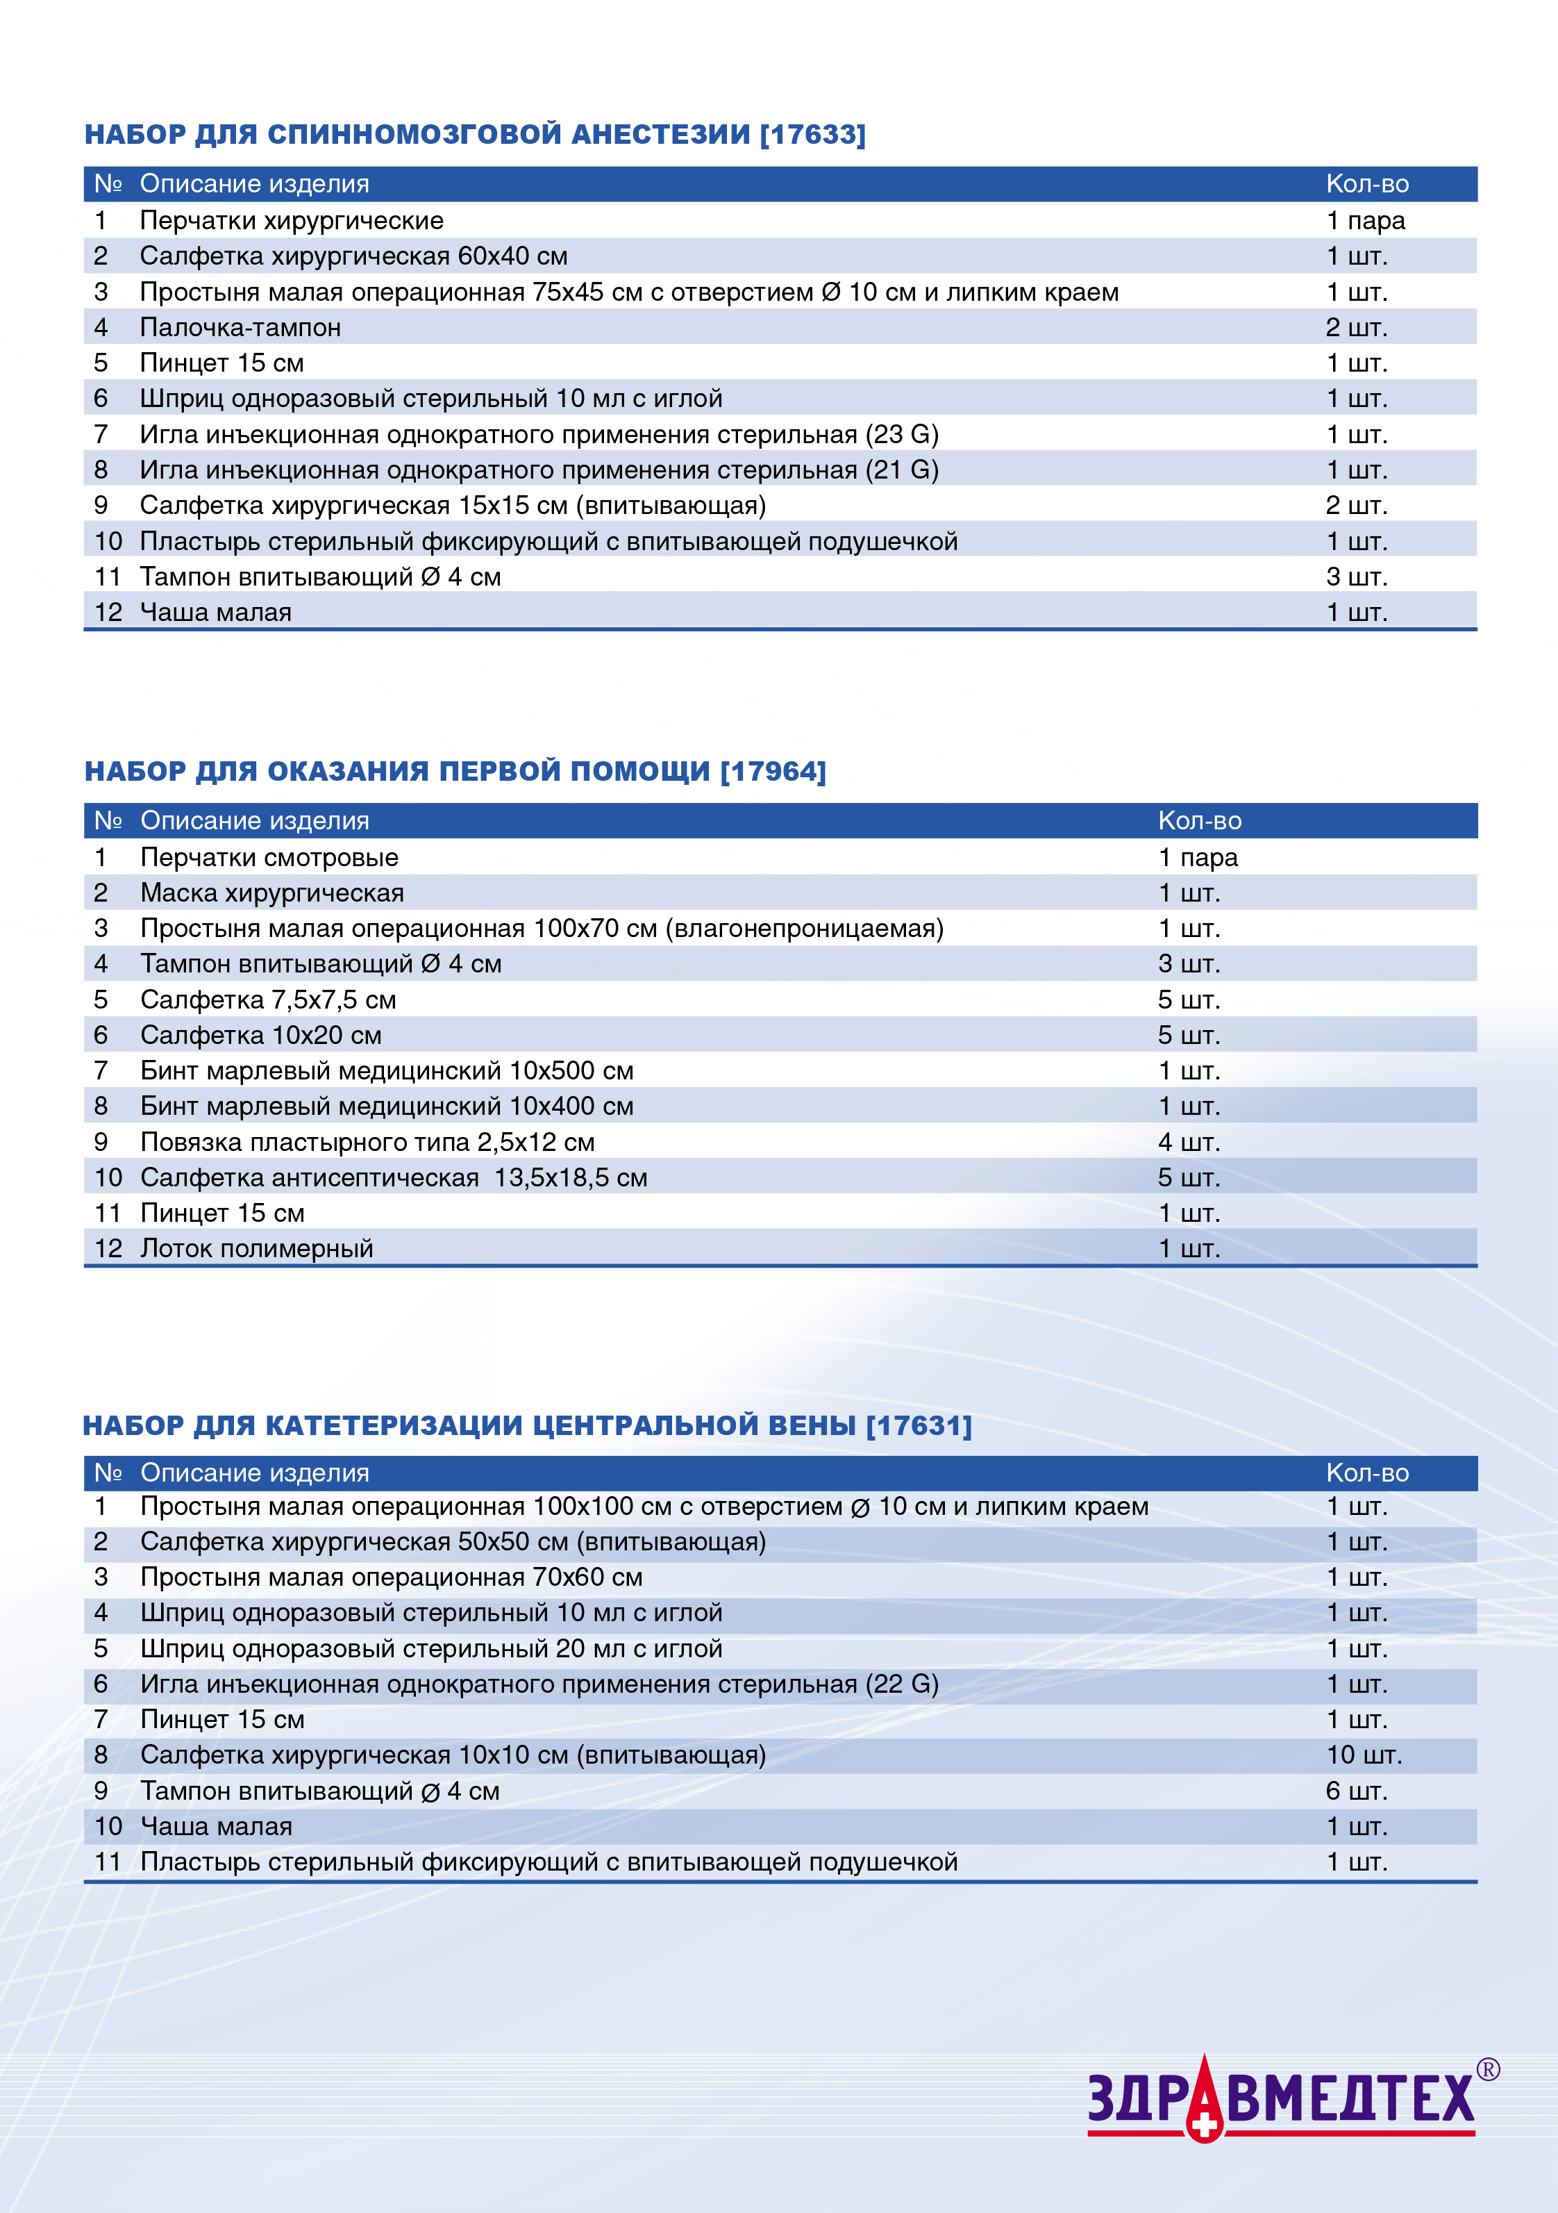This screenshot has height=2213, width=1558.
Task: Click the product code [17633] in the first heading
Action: pyautogui.click(x=812, y=134)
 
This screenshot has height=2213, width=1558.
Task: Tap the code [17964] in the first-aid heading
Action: pyautogui.click(x=773, y=771)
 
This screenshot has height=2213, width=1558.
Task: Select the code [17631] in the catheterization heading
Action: pyautogui.click(x=919, y=1425)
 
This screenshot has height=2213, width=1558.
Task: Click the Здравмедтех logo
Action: pyautogui.click(x=1282, y=2098)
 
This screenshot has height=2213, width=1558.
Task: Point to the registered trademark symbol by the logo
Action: pyautogui.click(x=1488, y=2069)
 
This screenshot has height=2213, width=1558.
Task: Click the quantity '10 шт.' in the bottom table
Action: pyautogui.click(x=1364, y=1755)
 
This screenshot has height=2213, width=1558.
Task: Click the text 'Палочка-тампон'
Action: pyautogui.click(x=240, y=328)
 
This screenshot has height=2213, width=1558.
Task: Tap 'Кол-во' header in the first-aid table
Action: pyautogui.click(x=1200, y=820)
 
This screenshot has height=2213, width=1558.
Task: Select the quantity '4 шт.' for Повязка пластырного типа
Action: pyautogui.click(x=1188, y=1142)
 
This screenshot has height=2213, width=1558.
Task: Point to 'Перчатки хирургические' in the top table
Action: pyautogui.click(x=291, y=221)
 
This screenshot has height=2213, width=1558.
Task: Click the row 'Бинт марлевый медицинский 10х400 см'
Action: pyautogui.click(x=386, y=1106)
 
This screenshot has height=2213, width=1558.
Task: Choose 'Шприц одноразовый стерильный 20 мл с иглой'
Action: pyautogui.click(x=430, y=1648)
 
